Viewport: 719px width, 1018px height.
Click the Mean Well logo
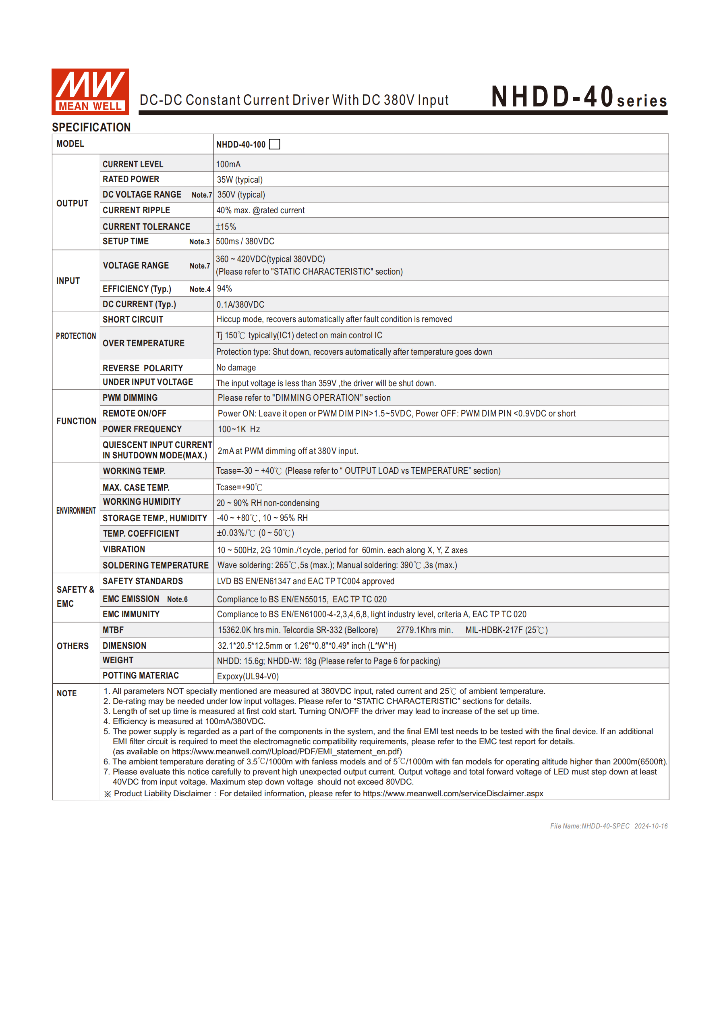point(90,92)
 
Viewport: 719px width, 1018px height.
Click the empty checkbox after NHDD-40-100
point(274,144)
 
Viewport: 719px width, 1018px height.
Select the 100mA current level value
point(228,164)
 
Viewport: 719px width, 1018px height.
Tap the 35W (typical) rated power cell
point(240,179)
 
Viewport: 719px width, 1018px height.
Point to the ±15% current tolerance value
point(226,227)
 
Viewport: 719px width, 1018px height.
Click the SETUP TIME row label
point(125,241)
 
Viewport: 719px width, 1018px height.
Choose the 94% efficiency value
point(224,289)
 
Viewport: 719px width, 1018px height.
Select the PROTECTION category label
point(76,336)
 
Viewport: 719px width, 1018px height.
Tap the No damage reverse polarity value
point(236,368)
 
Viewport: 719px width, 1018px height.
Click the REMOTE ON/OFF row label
point(134,413)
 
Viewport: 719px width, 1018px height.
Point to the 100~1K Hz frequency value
point(239,429)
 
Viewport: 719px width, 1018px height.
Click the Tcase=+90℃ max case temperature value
point(239,487)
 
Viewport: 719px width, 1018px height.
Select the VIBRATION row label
point(124,550)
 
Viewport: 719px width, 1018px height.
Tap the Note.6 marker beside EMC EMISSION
point(177,600)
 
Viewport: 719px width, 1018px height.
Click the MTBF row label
point(113,630)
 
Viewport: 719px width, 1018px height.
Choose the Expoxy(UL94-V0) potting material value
point(248,676)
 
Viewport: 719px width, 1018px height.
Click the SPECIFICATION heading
point(91,127)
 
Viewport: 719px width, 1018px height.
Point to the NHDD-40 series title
point(578,97)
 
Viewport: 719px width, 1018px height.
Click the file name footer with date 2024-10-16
point(608,826)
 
